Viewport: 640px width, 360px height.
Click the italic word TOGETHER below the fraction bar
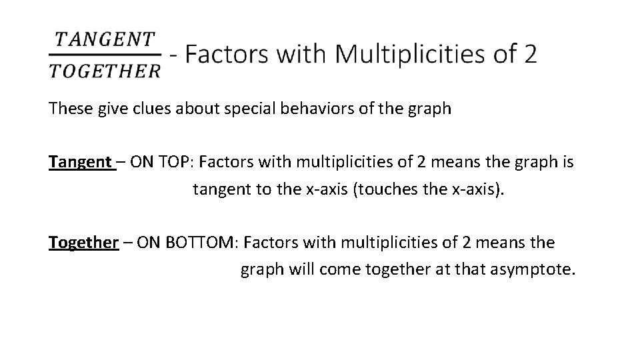(105, 71)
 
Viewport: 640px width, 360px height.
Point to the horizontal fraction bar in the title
(105, 54)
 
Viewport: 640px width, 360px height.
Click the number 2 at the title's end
(529, 53)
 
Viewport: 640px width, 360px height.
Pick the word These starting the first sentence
(67, 109)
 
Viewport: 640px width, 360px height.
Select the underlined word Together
(83, 243)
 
